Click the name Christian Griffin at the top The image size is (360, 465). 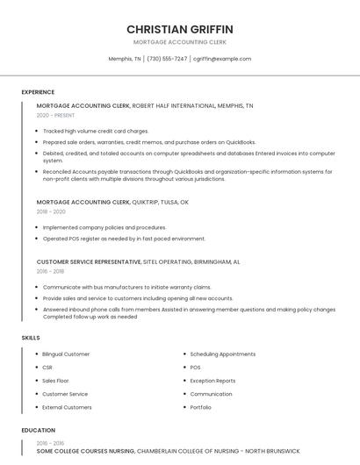point(180,29)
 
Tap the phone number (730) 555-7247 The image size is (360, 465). point(167,59)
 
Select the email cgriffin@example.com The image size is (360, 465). point(222,59)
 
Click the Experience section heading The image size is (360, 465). point(38,92)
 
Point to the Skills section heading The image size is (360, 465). point(31,337)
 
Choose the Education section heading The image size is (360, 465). point(38,430)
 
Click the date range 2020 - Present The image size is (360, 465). point(55,115)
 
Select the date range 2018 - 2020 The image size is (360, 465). point(51,211)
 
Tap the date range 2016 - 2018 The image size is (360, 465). point(50,271)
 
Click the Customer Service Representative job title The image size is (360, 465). point(89,261)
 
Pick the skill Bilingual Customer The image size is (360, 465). point(66,354)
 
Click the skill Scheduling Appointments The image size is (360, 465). point(222,354)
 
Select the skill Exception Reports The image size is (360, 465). point(212,381)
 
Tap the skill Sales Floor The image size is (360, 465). point(55,381)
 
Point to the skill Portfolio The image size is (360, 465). point(200,407)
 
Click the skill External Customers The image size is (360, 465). point(67,407)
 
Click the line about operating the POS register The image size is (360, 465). point(124,238)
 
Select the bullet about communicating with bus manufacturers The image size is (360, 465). point(126,287)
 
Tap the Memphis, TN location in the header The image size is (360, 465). point(125,59)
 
